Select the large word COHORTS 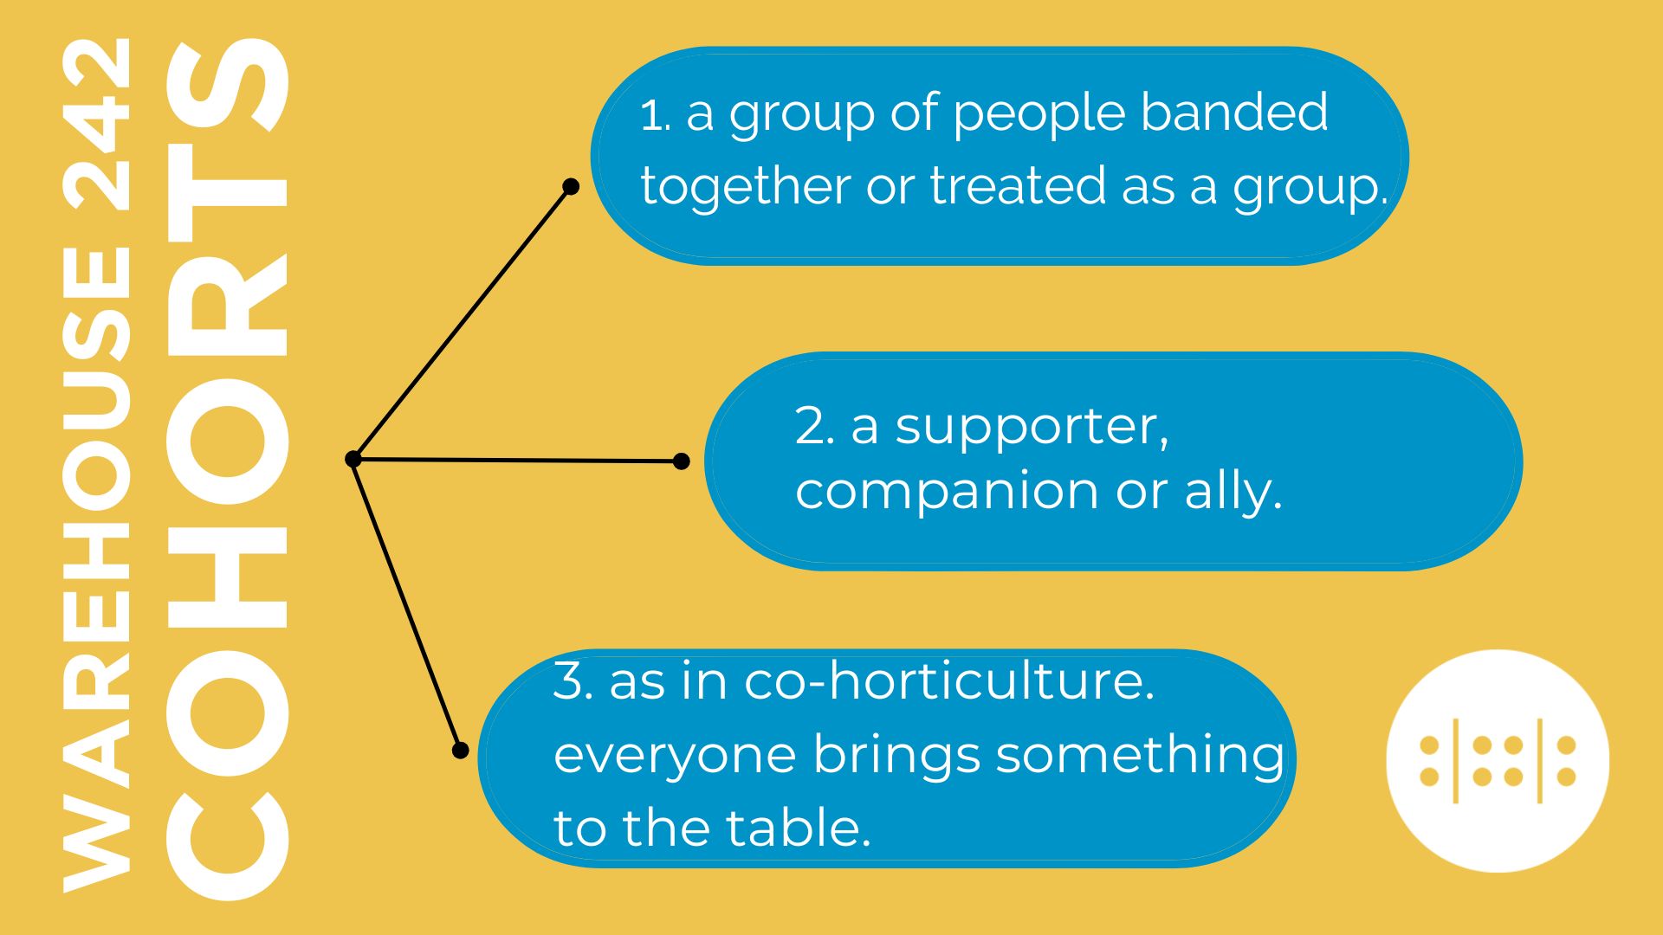tap(227, 468)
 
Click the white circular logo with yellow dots tap(1498, 761)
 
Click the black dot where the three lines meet tap(353, 459)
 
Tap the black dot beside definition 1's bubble tap(571, 186)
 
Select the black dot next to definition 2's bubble tap(682, 461)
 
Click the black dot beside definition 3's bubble tap(461, 751)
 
